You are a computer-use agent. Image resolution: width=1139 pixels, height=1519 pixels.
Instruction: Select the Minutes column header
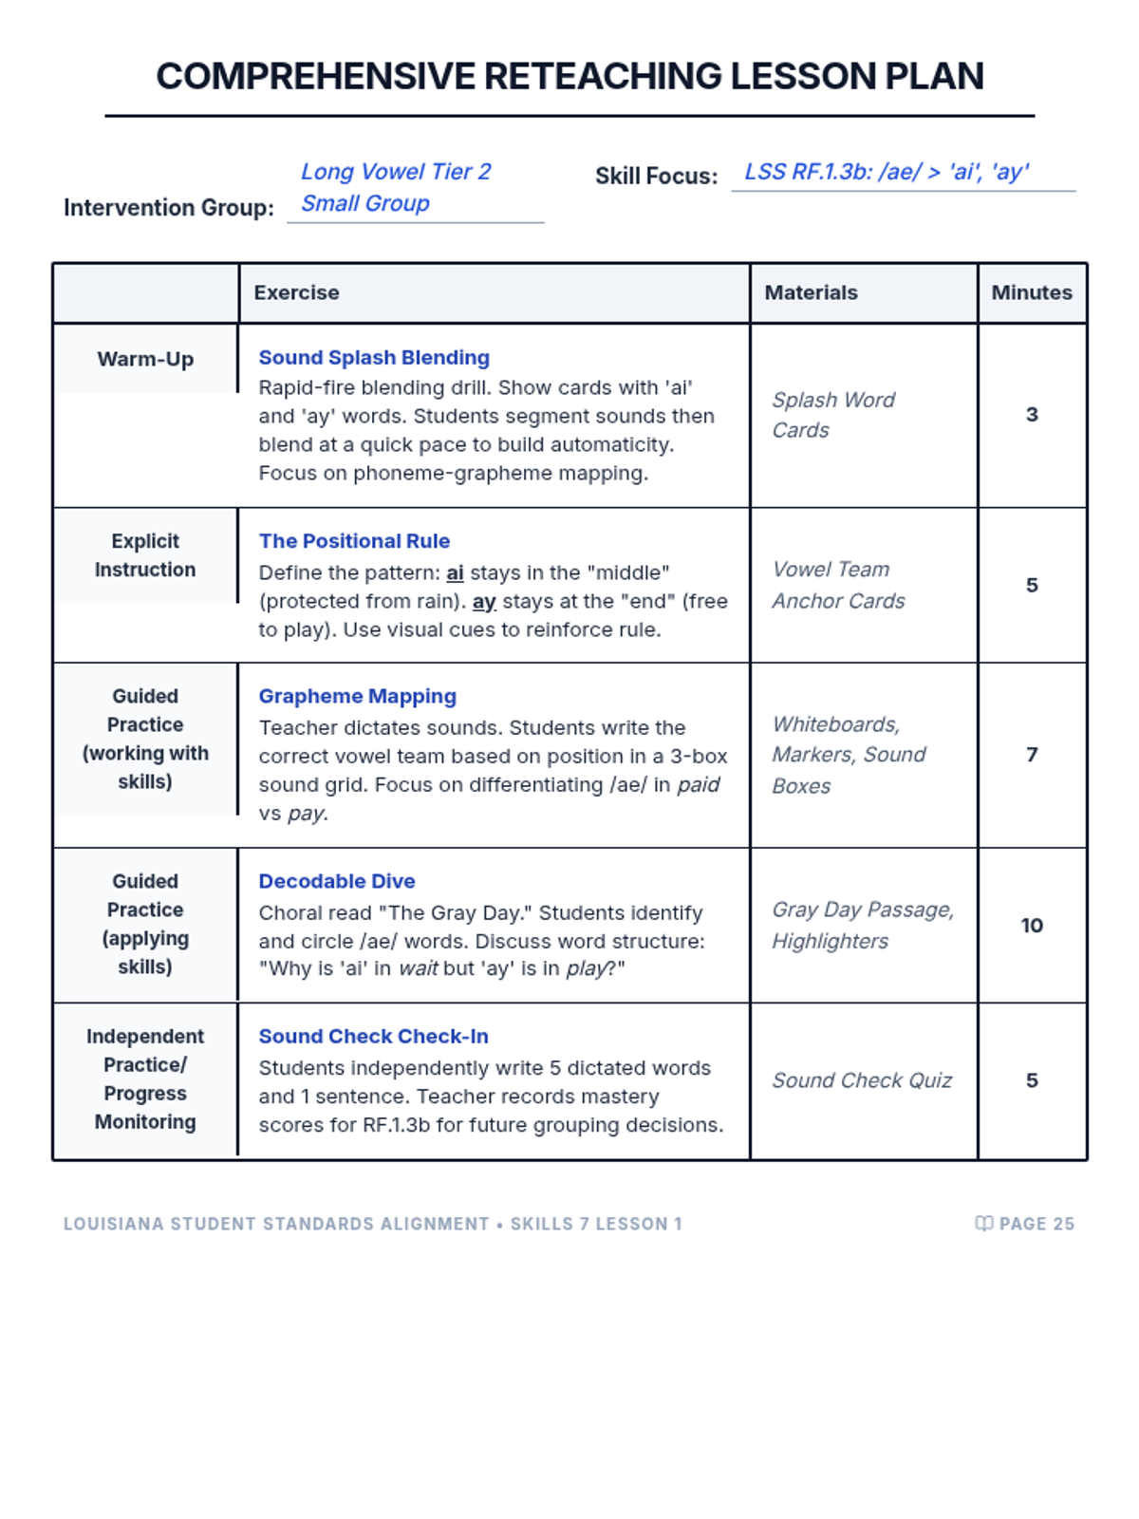[1032, 292]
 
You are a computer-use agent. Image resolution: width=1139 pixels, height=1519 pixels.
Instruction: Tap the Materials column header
[811, 292]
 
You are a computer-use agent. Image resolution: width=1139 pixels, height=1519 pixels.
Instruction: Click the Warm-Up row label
[145, 359]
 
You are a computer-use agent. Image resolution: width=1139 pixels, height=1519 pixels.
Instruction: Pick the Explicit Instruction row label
[145, 555]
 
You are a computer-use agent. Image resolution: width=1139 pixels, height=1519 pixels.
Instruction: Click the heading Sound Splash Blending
[374, 358]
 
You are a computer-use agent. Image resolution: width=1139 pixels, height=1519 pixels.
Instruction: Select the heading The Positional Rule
[354, 541]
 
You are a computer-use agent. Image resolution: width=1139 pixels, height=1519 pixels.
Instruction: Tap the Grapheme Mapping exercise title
[357, 696]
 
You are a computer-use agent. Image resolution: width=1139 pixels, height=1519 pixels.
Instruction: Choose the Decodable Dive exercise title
[337, 881]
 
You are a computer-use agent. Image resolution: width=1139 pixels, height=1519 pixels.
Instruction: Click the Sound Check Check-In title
[373, 1037]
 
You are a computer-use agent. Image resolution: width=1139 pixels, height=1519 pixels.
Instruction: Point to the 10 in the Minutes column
[1032, 926]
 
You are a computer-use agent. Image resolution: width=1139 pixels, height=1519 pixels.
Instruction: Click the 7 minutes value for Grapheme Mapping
[1032, 755]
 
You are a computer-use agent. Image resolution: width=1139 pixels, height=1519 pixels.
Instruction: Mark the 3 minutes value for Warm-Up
[1032, 415]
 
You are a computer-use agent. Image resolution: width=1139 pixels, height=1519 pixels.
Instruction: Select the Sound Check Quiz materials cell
[862, 1080]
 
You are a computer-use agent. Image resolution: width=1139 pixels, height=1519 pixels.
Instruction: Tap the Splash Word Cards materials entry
[832, 415]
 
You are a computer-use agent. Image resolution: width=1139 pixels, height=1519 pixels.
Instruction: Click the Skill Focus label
[656, 177]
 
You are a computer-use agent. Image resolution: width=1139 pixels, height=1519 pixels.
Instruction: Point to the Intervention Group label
[169, 208]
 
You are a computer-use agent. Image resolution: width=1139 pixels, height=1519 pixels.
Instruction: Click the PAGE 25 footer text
[1036, 1224]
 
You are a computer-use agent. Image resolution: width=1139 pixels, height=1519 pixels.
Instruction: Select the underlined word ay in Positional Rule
[484, 602]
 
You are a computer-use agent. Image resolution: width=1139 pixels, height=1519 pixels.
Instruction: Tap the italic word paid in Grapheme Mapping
[698, 785]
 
